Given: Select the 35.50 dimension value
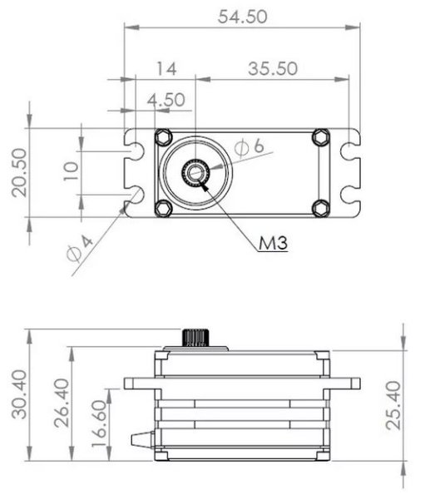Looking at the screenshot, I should coord(273,69).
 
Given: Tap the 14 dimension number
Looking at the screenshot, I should coord(165,69).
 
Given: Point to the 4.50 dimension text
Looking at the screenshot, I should coord(165,100).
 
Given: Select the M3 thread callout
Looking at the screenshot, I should coord(272,244).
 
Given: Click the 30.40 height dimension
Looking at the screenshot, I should coord(19,396).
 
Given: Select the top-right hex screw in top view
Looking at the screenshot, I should coord(320,136).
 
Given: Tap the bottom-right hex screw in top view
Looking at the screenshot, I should coord(320,207).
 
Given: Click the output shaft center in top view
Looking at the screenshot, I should coord(196,172).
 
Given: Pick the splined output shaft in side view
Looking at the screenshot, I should coord(197,338).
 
